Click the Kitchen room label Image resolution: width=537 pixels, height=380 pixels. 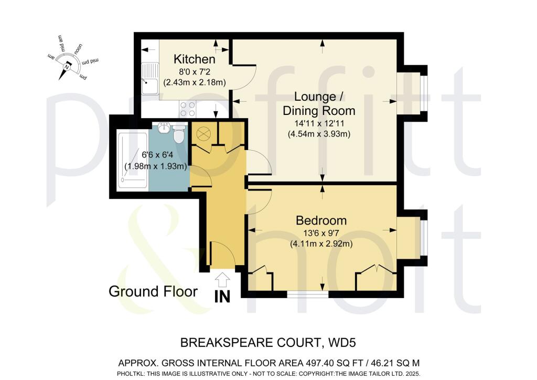point(195,59)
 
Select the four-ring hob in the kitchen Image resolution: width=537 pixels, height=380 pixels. point(188,109)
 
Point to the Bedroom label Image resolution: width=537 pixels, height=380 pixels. point(320,219)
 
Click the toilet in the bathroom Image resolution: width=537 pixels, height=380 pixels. point(179,134)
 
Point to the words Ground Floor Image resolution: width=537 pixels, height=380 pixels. point(153,291)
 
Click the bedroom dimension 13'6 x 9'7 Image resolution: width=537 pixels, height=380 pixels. point(320,234)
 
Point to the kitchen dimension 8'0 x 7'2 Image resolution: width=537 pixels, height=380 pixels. point(195,72)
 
